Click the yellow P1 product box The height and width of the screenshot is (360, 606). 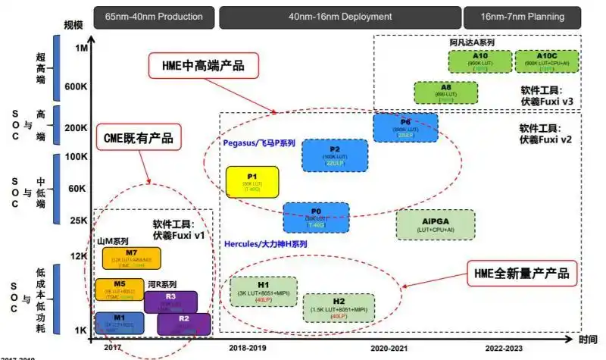[x=252, y=183]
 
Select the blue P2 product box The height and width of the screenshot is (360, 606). [x=335, y=155]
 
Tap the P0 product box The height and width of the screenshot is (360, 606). [x=316, y=217]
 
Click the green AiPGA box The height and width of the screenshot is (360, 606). [x=436, y=224]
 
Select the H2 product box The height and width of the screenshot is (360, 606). [x=339, y=306]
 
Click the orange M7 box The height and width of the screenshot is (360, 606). [x=131, y=257]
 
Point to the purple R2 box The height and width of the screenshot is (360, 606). [x=183, y=324]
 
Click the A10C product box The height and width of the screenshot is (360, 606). [x=547, y=61]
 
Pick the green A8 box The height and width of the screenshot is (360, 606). [x=446, y=92]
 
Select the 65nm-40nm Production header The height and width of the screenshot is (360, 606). [x=154, y=16]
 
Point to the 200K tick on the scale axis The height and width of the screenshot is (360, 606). [x=77, y=127]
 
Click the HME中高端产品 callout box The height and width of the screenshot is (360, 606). [x=203, y=65]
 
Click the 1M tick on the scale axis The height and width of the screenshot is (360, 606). [x=82, y=48]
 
